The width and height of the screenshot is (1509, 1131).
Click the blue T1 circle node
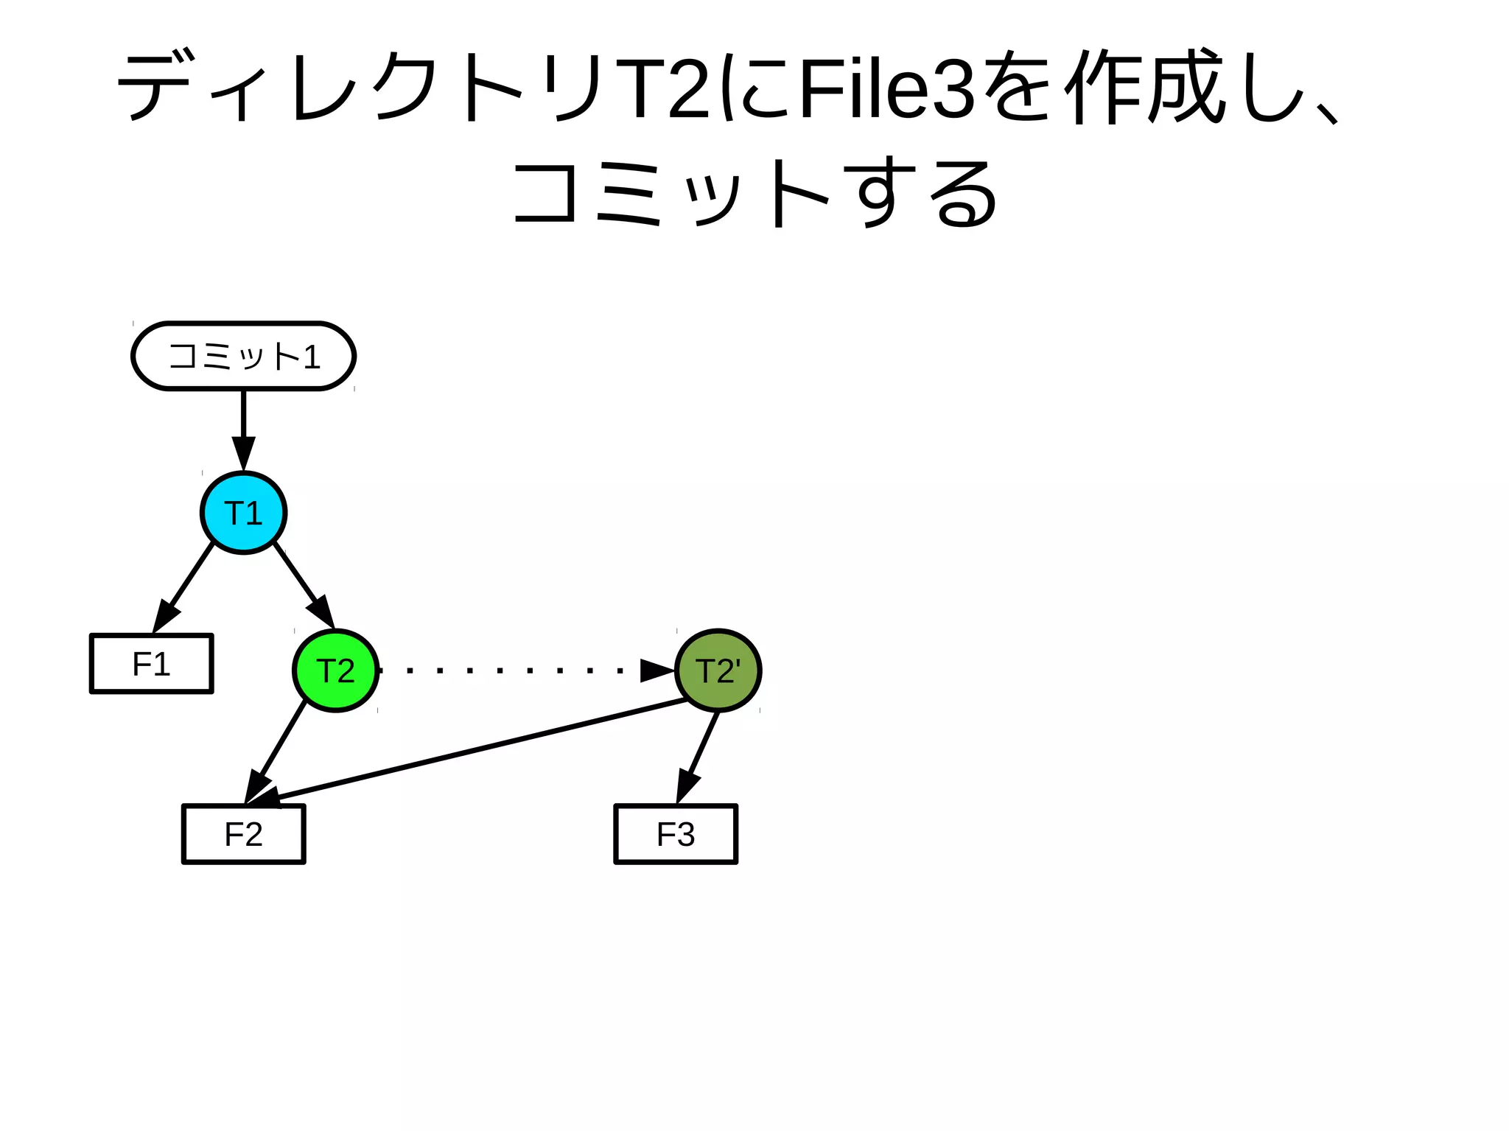coord(243,513)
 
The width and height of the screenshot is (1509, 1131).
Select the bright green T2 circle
coord(336,670)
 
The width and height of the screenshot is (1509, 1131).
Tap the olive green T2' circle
coord(718,670)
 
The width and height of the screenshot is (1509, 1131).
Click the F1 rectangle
coord(152,664)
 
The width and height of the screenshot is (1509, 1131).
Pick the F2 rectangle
coord(243,834)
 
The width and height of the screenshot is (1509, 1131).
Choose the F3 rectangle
coord(676,834)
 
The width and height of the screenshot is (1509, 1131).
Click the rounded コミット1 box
coord(243,356)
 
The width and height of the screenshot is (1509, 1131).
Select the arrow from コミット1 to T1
coord(243,427)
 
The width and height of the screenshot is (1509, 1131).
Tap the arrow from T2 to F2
coord(277,747)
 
